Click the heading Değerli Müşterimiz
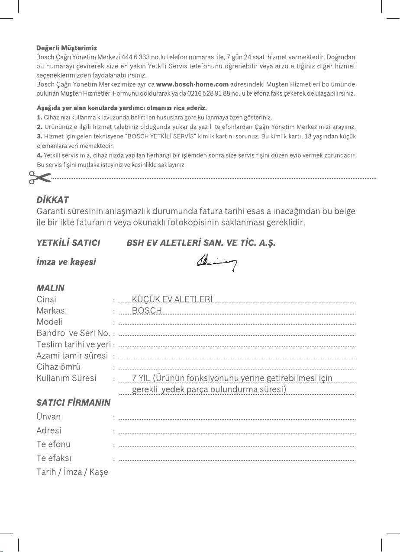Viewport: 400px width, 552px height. [x=67, y=48]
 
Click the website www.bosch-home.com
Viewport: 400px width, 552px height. [x=192, y=84]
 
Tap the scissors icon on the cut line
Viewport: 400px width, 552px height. [x=40, y=177]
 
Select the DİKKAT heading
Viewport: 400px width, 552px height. [x=53, y=200]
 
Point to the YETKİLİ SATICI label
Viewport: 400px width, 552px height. [x=68, y=243]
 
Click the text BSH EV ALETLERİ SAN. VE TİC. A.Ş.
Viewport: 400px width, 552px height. [x=201, y=243]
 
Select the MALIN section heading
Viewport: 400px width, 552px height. [x=51, y=288]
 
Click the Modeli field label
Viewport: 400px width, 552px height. [x=50, y=322]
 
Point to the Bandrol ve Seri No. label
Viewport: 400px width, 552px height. [x=73, y=333]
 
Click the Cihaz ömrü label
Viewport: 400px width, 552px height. [x=58, y=367]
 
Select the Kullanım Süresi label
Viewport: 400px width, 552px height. [x=66, y=378]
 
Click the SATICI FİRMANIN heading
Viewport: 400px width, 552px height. [x=74, y=403]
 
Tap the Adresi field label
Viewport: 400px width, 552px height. [x=49, y=430]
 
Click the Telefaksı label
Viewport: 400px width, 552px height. [x=54, y=458]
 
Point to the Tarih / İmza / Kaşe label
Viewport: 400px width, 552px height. [x=72, y=472]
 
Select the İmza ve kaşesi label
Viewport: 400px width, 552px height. [x=66, y=262]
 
